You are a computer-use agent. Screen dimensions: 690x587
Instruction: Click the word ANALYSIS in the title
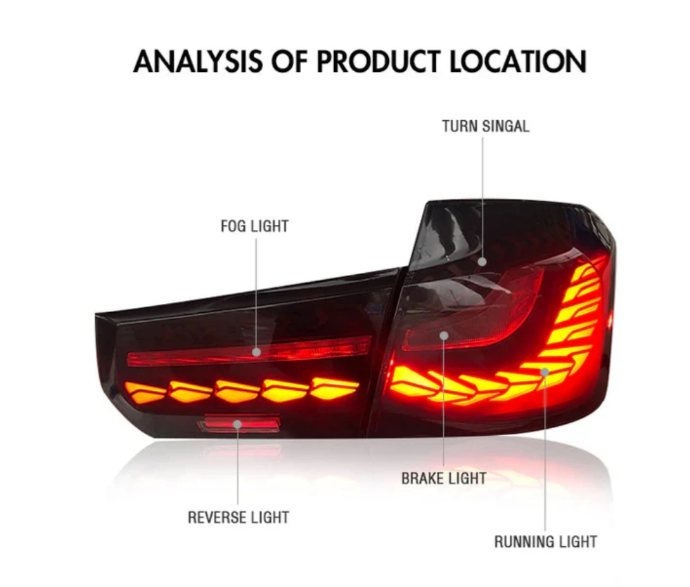tap(197, 61)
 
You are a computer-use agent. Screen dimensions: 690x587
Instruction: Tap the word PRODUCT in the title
tap(377, 61)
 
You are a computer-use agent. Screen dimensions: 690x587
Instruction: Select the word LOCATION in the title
tap(518, 61)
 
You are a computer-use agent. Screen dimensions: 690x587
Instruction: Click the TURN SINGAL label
tap(485, 126)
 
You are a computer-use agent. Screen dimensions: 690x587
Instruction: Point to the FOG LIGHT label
tap(255, 226)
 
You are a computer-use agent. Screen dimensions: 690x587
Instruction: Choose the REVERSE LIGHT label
tap(239, 517)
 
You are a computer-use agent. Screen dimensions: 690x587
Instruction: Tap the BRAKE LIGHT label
tap(444, 478)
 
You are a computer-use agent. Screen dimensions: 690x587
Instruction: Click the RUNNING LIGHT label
tap(546, 541)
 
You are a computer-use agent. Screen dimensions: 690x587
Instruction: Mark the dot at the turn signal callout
tap(482, 262)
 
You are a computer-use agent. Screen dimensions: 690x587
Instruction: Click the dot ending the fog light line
tap(257, 352)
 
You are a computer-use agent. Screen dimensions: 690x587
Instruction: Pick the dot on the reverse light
tap(237, 424)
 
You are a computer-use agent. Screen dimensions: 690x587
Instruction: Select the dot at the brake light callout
tap(444, 336)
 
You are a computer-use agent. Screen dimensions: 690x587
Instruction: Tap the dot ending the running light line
tap(545, 372)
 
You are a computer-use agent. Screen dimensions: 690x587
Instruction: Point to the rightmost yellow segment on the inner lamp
tap(335, 388)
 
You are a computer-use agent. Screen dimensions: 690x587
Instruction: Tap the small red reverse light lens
tap(239, 423)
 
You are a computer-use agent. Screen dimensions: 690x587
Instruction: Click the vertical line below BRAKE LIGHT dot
tap(444, 403)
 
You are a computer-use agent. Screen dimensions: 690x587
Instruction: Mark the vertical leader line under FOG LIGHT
tap(256, 293)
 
